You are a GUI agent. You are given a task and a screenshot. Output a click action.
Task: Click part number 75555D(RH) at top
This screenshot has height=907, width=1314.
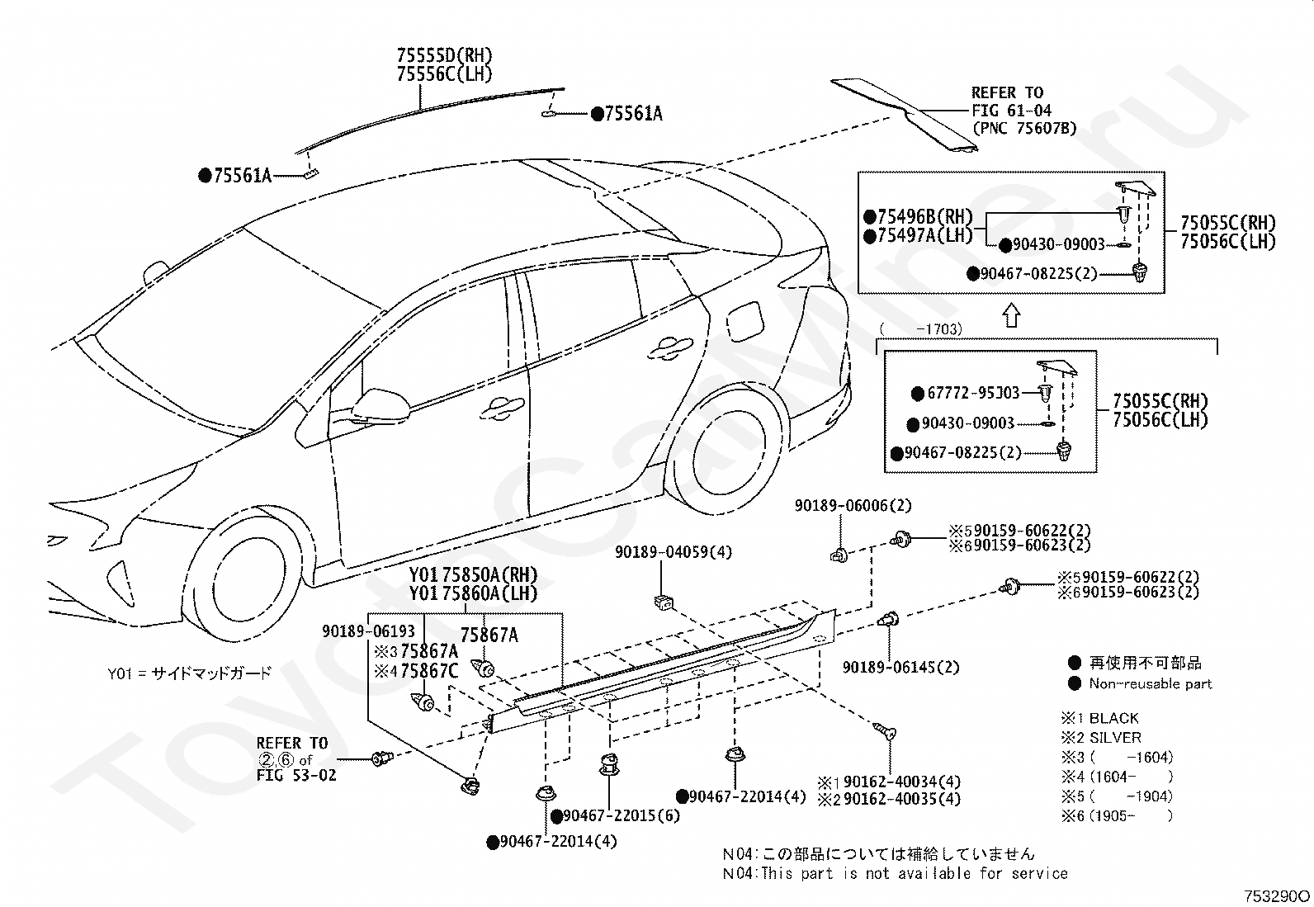(445, 56)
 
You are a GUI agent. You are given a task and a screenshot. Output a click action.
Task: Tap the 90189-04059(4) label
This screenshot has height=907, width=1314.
(674, 553)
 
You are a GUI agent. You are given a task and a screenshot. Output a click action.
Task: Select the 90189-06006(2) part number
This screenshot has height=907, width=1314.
(853, 506)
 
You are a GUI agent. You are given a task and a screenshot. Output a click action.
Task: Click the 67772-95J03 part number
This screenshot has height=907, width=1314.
(973, 393)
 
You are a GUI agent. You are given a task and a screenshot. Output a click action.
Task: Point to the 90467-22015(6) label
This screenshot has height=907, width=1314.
(622, 816)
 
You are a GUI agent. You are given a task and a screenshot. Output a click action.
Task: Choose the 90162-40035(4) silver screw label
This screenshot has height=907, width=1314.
(901, 799)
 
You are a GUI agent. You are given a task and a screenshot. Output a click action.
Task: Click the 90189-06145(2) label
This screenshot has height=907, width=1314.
(901, 667)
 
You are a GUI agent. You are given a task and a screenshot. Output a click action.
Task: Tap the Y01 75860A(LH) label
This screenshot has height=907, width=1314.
(474, 593)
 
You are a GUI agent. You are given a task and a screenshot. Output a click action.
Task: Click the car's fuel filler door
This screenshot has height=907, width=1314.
(745, 322)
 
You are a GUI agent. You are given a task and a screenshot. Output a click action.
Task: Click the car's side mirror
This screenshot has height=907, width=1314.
(380, 407)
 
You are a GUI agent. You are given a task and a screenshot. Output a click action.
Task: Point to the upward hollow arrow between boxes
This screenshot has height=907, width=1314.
(1011, 315)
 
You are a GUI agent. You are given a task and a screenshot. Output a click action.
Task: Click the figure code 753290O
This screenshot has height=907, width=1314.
(1277, 895)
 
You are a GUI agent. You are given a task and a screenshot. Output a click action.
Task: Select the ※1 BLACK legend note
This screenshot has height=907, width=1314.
(1100, 719)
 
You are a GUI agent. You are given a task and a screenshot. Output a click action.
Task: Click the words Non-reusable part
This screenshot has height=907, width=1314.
(1151, 683)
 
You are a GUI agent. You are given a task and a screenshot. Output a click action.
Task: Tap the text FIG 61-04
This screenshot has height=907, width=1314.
(1011, 111)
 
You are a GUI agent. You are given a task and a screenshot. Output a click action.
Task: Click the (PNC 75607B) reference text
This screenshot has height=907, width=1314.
(1024, 129)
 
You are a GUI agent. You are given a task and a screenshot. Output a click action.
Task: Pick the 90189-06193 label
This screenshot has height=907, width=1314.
(368, 631)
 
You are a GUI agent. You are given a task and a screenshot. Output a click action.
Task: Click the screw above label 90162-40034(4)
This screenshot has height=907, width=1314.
(885, 730)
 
